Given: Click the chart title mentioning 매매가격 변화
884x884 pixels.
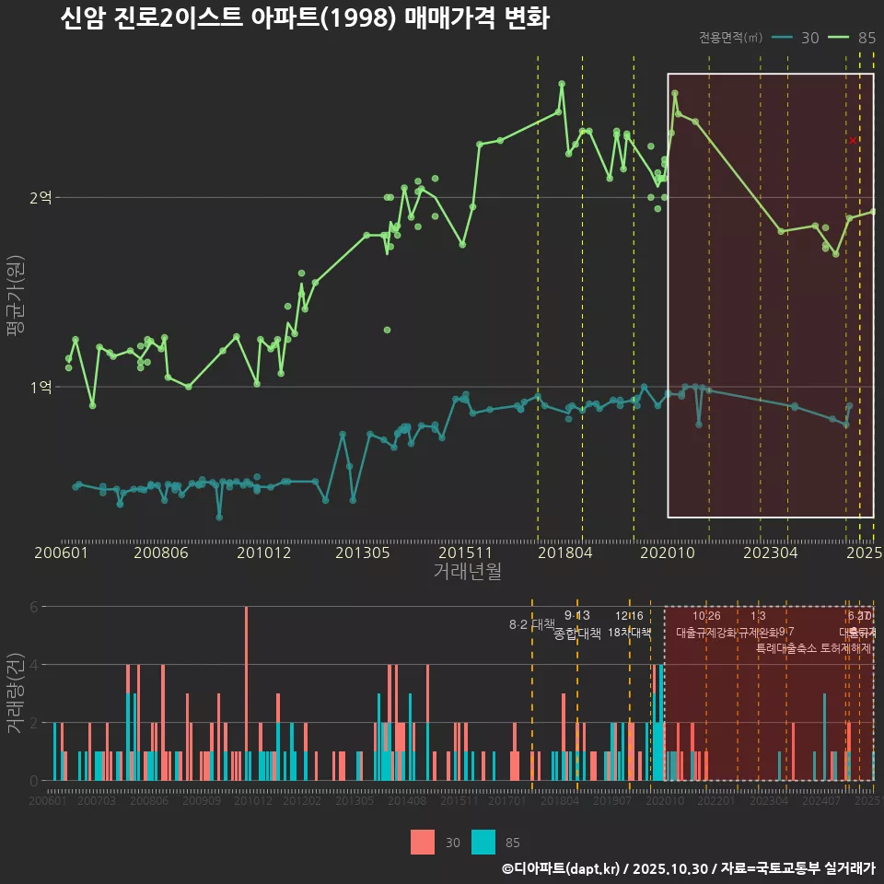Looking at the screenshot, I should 304,19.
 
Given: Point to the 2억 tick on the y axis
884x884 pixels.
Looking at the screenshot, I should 41,197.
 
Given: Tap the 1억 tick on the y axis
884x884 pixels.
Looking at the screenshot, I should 41,387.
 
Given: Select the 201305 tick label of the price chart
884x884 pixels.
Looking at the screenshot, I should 362,553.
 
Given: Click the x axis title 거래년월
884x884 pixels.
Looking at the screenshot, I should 467,572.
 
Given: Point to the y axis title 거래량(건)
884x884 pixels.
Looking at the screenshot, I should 15,692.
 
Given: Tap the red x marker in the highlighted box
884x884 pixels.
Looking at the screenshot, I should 854,140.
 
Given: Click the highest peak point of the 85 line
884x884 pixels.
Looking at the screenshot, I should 562,84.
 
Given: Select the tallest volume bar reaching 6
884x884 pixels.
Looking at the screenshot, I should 246,693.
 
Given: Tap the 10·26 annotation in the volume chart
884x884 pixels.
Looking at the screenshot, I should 706,616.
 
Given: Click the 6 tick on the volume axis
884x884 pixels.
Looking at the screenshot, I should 34,607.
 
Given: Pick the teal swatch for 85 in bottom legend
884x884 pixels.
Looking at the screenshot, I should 483,842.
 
